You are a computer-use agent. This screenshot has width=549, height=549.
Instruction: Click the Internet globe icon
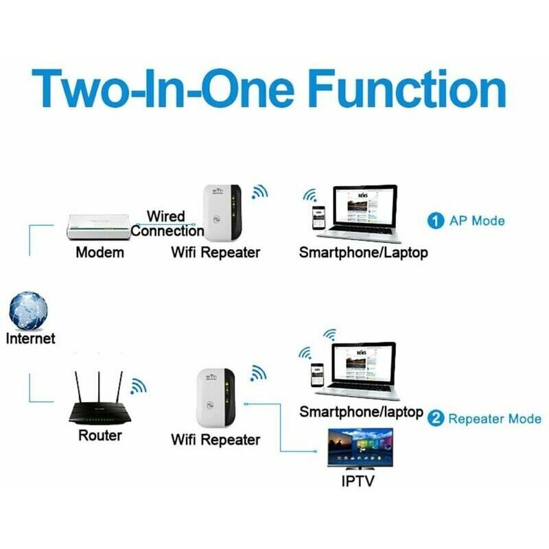click(28, 311)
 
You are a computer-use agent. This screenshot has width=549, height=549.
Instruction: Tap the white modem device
click(99, 227)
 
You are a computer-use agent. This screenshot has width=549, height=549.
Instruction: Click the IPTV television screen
click(360, 449)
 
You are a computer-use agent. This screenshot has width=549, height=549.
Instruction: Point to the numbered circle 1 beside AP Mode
click(436, 221)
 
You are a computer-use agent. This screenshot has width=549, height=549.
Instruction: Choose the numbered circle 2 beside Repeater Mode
click(436, 419)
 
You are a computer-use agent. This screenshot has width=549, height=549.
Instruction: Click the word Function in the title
click(407, 89)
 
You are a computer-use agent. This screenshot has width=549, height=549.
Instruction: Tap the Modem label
click(100, 253)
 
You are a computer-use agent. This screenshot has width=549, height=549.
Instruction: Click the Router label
click(100, 436)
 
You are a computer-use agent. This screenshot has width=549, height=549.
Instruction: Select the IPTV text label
click(358, 481)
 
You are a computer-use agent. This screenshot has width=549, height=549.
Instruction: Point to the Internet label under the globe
click(30, 338)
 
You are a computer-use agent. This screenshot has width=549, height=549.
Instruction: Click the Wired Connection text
click(167, 224)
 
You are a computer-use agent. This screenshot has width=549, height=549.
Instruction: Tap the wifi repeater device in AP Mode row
click(222, 213)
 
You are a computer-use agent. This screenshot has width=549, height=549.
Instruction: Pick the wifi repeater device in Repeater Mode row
click(215, 398)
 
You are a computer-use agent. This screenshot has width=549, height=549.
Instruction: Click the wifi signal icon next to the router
click(139, 386)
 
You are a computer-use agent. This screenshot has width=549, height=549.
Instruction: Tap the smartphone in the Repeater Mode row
click(317, 375)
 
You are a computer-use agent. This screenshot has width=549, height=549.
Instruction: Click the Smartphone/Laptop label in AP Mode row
click(364, 253)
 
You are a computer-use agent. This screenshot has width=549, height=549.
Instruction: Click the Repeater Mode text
click(495, 419)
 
